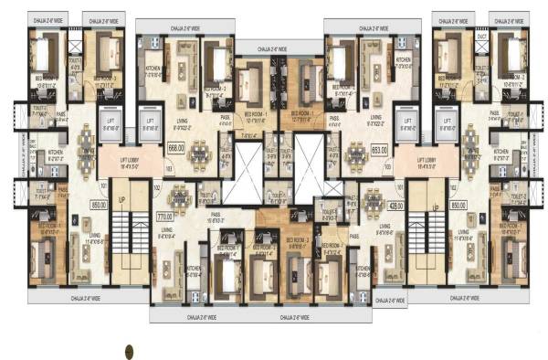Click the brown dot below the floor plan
click(x=131, y=349)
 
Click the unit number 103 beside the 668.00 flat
click(x=168, y=168)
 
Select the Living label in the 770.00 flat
click(x=169, y=229)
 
